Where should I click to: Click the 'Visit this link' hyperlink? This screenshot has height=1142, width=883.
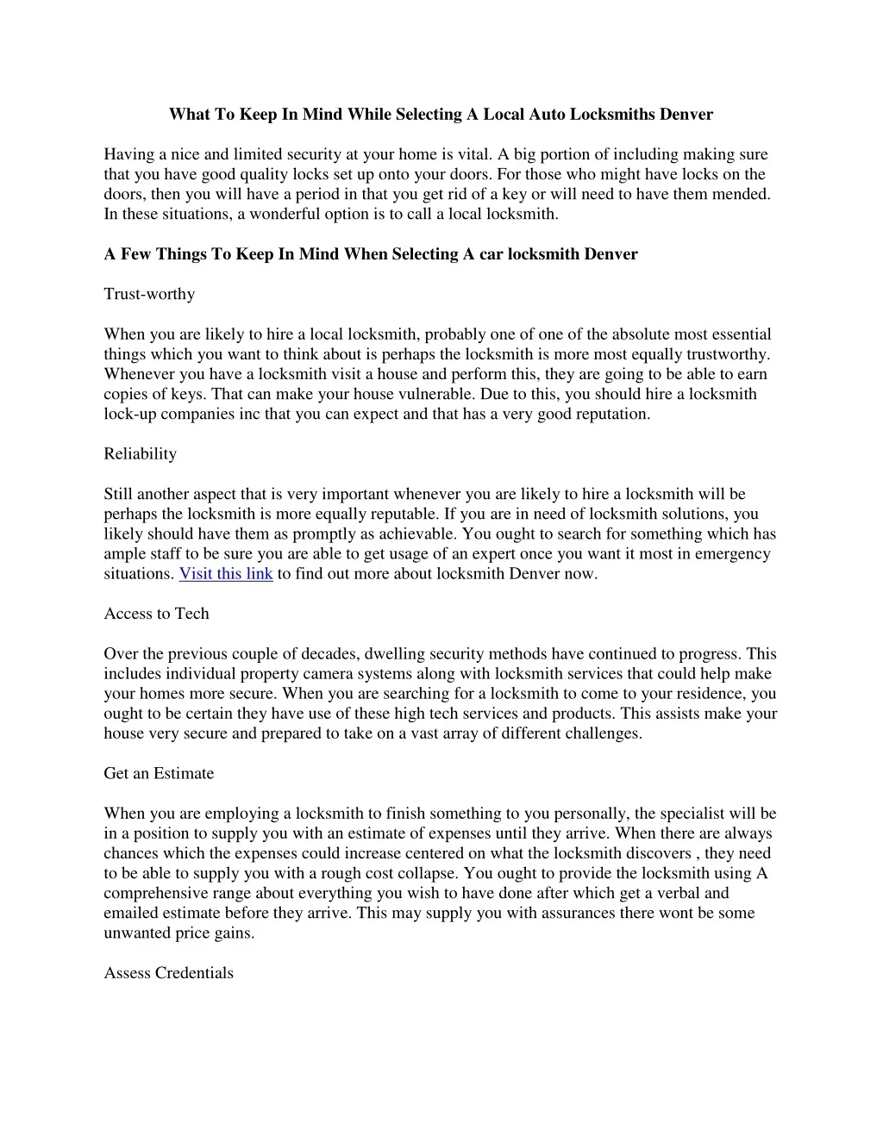pyautogui.click(x=226, y=574)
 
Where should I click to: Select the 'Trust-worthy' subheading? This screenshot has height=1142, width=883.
pyautogui.click(x=149, y=294)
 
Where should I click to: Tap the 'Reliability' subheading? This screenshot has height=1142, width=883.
pyautogui.click(x=140, y=454)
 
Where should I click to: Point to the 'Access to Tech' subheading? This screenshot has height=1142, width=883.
pyautogui.click(x=156, y=614)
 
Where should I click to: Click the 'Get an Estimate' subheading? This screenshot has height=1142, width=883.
pyautogui.click(x=159, y=773)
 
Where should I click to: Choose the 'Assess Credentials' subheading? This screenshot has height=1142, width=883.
pyautogui.click(x=168, y=973)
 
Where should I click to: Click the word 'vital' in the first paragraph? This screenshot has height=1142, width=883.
pyautogui.click(x=473, y=154)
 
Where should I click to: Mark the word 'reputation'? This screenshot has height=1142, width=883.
pyautogui.click(x=611, y=414)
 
